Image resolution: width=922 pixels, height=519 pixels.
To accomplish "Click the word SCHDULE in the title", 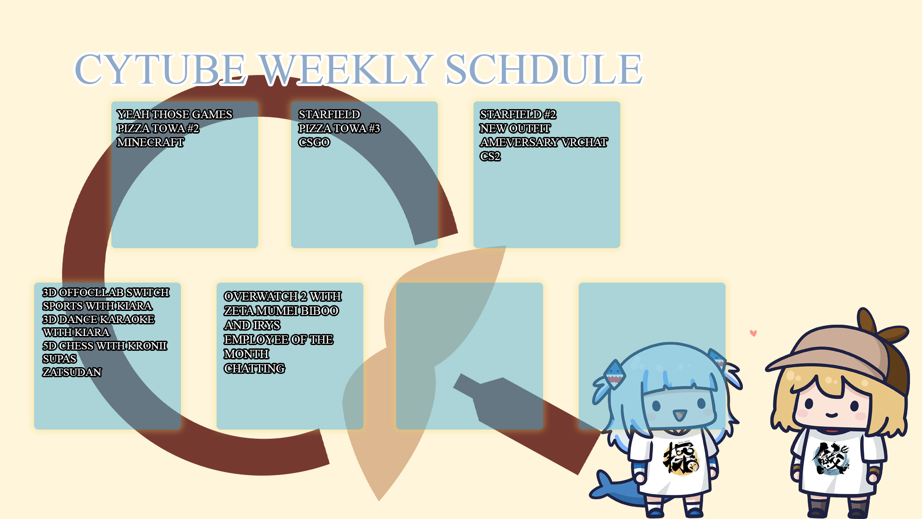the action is pos(544,69).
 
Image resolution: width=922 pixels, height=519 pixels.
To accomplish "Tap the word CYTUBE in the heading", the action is pos(160,69).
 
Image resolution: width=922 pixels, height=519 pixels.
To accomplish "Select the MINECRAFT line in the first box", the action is pos(150,142).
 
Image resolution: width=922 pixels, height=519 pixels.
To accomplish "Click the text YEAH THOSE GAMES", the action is pos(174,114).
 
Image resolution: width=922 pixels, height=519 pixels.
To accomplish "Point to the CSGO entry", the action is pos(314,142).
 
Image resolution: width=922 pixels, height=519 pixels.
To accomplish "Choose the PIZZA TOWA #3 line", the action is pos(339,128).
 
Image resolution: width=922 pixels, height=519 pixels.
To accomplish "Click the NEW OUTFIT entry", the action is pos(515,128).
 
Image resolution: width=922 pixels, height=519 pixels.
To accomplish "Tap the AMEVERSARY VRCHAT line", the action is pos(544,142).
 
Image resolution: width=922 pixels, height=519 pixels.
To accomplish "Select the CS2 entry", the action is pos(490,156).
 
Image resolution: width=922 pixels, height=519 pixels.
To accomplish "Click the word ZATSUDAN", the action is pos(72,372).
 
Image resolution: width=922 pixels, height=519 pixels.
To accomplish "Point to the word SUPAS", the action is pos(60,359).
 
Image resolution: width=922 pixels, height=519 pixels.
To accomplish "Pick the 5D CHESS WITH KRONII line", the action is pos(105,346).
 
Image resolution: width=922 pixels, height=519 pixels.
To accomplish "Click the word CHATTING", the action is pos(255,369).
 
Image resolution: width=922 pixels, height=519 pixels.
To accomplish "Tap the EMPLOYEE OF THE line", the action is pos(279,340).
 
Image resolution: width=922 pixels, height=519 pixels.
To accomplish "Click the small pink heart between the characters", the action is pos(753,333).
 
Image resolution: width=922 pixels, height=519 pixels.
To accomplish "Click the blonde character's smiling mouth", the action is pos(832,415).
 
